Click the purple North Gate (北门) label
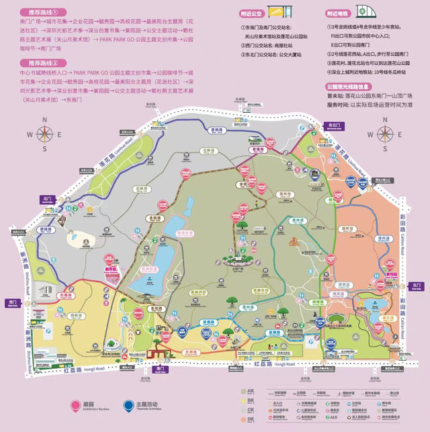click(x=46, y=200)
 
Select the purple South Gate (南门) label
click(x=159, y=369)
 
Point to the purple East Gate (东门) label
click(x=416, y=286)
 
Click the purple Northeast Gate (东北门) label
click(x=331, y=126)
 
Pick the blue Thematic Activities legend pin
click(x=129, y=405)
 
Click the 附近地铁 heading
click(x=338, y=13)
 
